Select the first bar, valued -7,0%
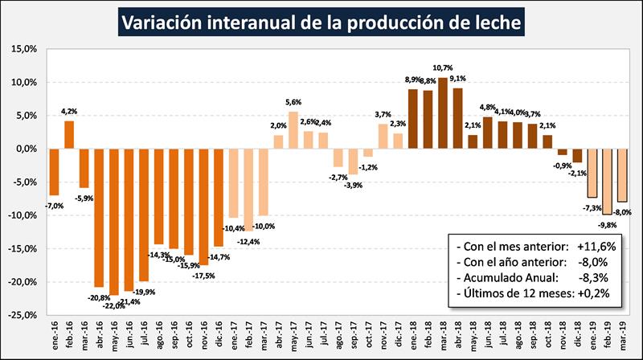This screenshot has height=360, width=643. (x=54, y=172)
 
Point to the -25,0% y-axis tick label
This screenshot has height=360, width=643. (x=24, y=316)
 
